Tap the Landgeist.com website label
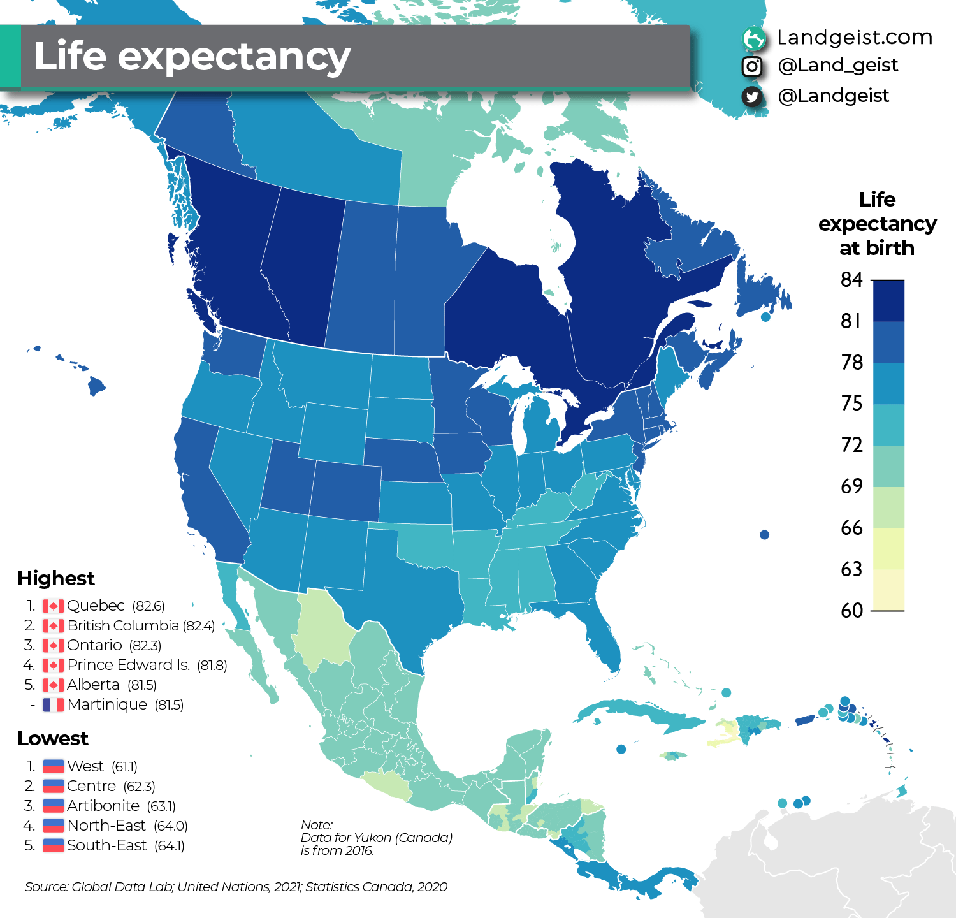(x=854, y=38)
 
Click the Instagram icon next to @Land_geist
(x=752, y=66)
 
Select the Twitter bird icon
(x=752, y=96)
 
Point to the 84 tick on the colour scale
(x=851, y=280)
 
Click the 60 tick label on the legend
(x=851, y=611)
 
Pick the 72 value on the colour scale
(x=851, y=445)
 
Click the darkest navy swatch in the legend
(x=888, y=301)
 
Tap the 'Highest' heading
(x=56, y=578)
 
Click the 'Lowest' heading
(x=53, y=738)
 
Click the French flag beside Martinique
(x=53, y=704)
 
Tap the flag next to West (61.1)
(x=53, y=766)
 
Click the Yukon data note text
(x=376, y=838)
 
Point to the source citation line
(x=236, y=887)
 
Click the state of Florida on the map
(x=602, y=637)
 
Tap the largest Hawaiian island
(x=96, y=386)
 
